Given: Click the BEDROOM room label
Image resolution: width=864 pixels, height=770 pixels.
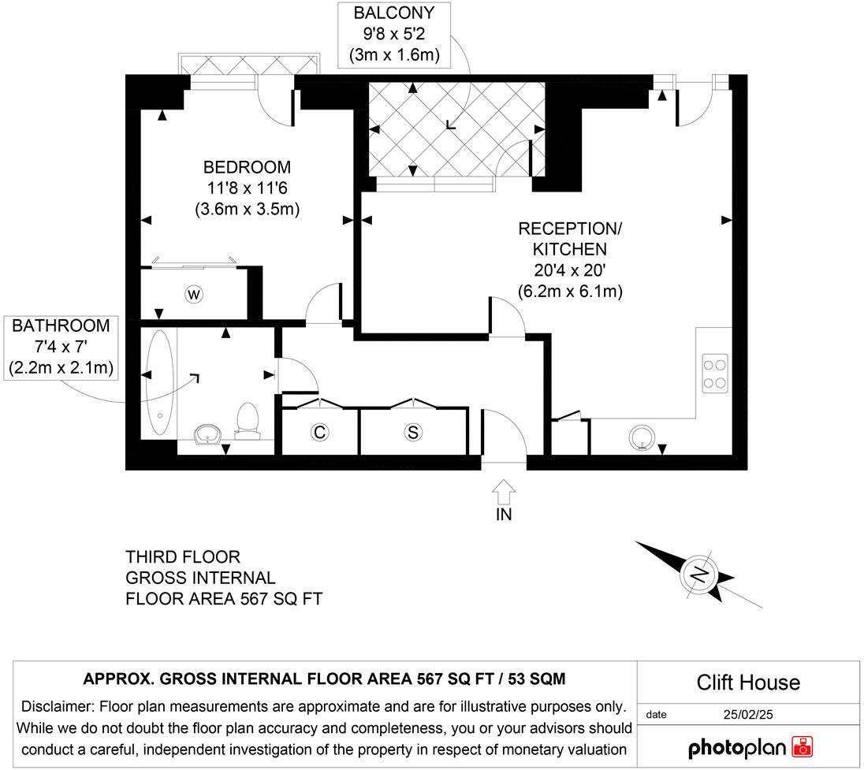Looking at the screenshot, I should [x=247, y=168].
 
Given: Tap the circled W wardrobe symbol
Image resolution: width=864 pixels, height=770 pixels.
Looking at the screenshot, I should [x=193, y=294].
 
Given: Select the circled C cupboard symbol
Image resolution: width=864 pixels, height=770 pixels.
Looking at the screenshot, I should [x=319, y=432].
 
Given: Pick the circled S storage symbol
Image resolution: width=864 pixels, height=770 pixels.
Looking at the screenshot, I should [x=412, y=432].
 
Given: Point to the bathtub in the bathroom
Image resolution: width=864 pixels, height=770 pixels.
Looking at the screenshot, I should [x=160, y=383].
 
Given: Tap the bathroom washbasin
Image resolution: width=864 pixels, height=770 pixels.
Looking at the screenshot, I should [x=210, y=434].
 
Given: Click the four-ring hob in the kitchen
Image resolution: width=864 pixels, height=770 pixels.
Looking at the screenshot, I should [x=715, y=374].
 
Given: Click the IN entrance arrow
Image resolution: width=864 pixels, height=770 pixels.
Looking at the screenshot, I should [x=504, y=500].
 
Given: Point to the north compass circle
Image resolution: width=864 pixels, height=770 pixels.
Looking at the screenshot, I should [x=698, y=575].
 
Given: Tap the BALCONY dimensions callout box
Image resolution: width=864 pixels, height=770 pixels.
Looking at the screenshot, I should [x=393, y=35].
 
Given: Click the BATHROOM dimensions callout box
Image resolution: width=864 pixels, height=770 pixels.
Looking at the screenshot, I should [x=61, y=347].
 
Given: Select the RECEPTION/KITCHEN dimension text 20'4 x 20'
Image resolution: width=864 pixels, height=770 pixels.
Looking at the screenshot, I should [x=570, y=270].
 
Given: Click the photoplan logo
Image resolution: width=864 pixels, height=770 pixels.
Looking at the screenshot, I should [x=750, y=746].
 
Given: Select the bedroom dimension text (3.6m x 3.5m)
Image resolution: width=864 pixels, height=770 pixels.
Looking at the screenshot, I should [x=247, y=210].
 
